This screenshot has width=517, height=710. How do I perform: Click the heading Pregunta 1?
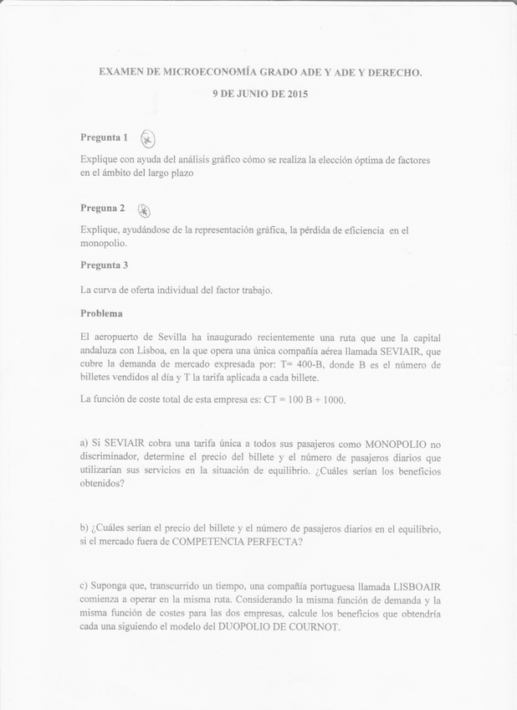pos(104,136)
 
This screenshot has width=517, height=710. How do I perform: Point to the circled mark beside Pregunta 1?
pos(148,139)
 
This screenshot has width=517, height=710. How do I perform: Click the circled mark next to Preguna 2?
pos(144,210)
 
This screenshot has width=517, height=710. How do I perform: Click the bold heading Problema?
pos(101,313)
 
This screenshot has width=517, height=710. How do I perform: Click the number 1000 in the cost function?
pos(333,399)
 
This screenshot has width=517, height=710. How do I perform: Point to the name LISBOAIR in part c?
pos(419,587)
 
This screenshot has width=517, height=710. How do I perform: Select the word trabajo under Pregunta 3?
pos(254,291)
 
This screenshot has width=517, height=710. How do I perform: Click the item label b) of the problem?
pos(85,528)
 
